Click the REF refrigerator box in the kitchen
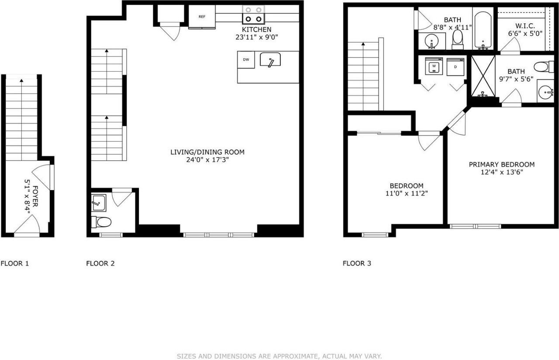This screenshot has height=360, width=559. (202, 17)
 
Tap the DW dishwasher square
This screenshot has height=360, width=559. (246, 60)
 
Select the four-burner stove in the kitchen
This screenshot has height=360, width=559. (254, 14)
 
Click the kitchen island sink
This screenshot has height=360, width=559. (270, 60)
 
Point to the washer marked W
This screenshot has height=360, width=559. (434, 67)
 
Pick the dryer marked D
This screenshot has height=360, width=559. (455, 67)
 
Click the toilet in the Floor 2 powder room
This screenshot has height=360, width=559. (102, 222)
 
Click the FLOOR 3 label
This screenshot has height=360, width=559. (357, 263)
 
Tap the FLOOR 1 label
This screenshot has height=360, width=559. (15, 263)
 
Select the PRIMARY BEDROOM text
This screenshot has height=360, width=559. (501, 165)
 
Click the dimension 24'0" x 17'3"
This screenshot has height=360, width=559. (207, 160)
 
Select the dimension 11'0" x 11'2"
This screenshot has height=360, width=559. (406, 193)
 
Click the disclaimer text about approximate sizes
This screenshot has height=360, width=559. (279, 356)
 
